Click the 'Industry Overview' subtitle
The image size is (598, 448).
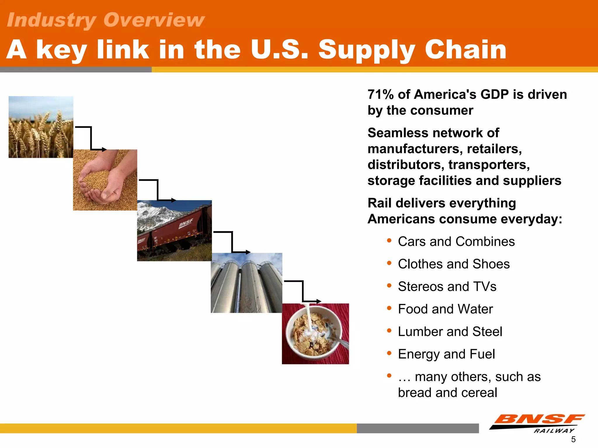point(105,20)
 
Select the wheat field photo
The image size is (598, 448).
point(41,127)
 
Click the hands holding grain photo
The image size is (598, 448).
point(105,180)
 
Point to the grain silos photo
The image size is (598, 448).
point(246,283)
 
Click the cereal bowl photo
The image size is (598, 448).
point(315,334)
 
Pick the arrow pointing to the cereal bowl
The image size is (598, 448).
point(303,292)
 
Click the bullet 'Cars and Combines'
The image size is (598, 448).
point(456,242)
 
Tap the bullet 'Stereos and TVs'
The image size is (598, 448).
point(447,286)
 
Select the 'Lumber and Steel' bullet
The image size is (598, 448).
point(450,332)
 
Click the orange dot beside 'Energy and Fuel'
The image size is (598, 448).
point(389,353)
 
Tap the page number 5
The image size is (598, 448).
point(573,439)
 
